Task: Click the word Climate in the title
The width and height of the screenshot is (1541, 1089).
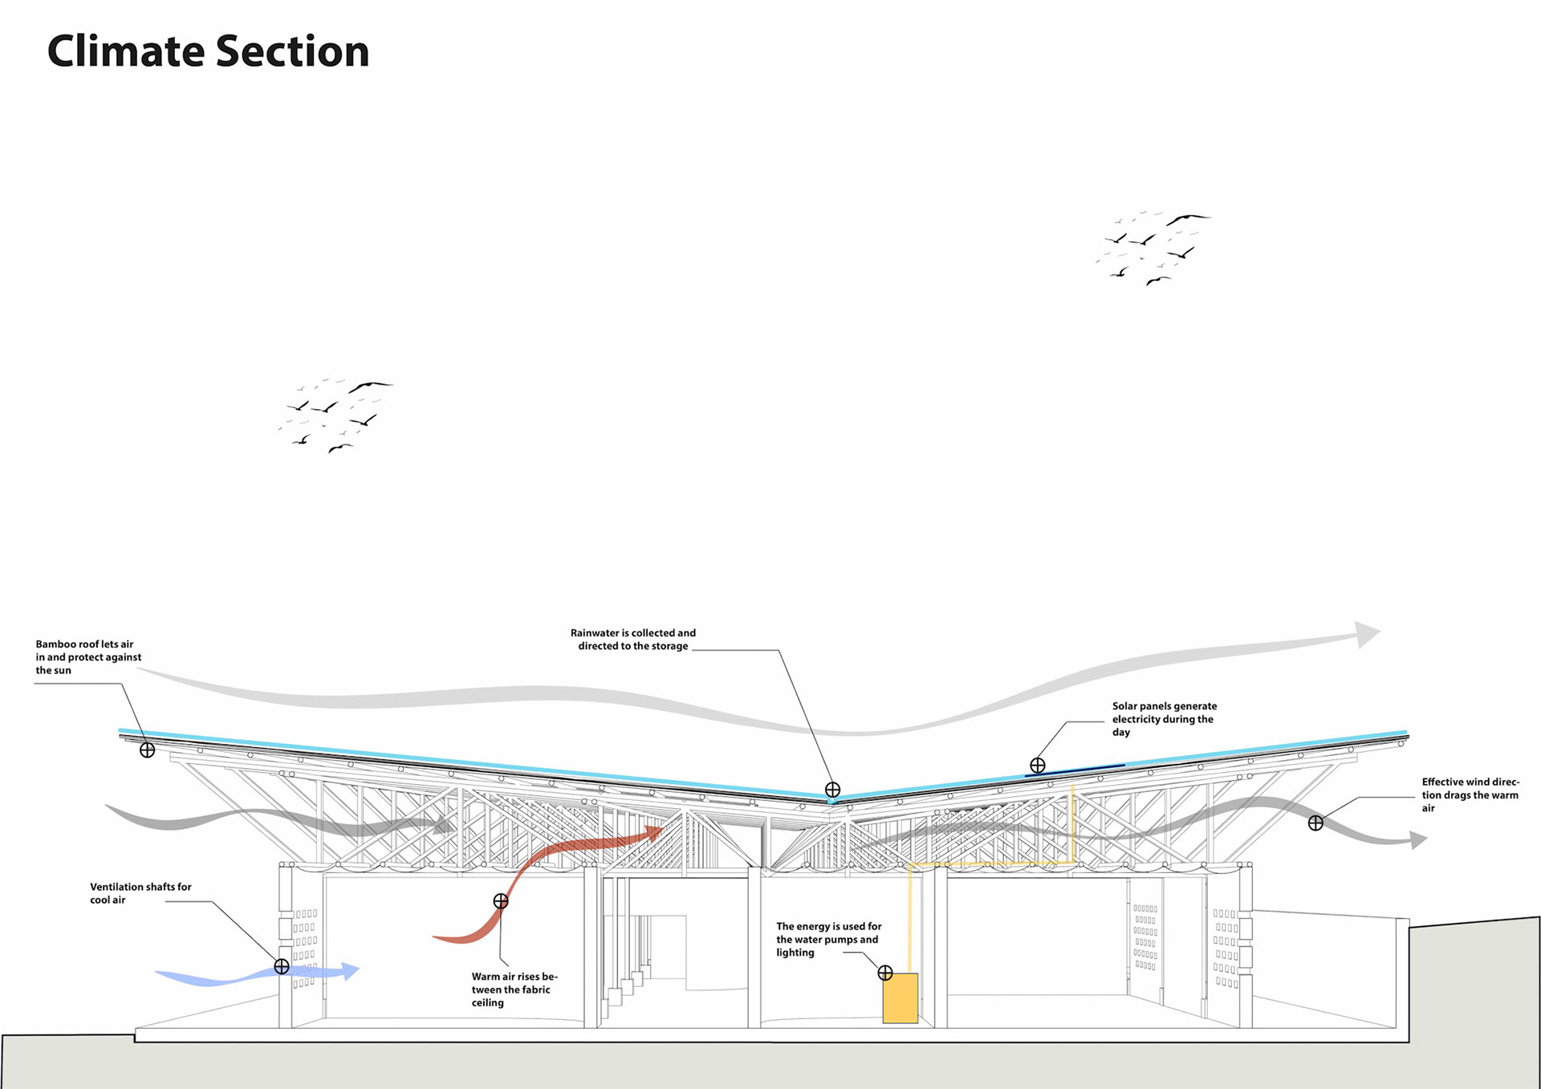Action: [126, 51]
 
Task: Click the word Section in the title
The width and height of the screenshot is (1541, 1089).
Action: [292, 51]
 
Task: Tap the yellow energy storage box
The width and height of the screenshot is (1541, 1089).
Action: [900, 998]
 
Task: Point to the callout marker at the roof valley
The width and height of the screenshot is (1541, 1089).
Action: [832, 790]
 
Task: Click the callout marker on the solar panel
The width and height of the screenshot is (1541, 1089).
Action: [1038, 766]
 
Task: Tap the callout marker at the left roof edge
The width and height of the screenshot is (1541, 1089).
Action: [148, 750]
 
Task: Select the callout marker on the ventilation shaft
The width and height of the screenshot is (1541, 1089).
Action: [282, 966]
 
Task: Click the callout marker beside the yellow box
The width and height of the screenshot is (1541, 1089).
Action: [885, 973]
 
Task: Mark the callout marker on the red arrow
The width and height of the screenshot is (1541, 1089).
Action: [501, 901]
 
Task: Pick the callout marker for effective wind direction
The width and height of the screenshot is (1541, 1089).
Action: [1315, 823]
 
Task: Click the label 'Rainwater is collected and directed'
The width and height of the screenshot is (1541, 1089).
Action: [633, 640]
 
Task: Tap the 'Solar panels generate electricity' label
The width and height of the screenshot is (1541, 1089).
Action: [1164, 719]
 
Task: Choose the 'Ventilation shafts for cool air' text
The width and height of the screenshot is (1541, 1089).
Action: [140, 893]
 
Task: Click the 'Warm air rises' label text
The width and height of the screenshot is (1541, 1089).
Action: [514, 989]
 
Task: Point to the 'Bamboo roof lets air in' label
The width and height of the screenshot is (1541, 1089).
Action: [87, 657]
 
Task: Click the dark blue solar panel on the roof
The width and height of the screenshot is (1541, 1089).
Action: [1075, 770]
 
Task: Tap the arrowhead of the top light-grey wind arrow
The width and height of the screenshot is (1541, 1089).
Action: [1367, 634]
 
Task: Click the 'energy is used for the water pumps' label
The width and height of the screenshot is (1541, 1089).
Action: [828, 939]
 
